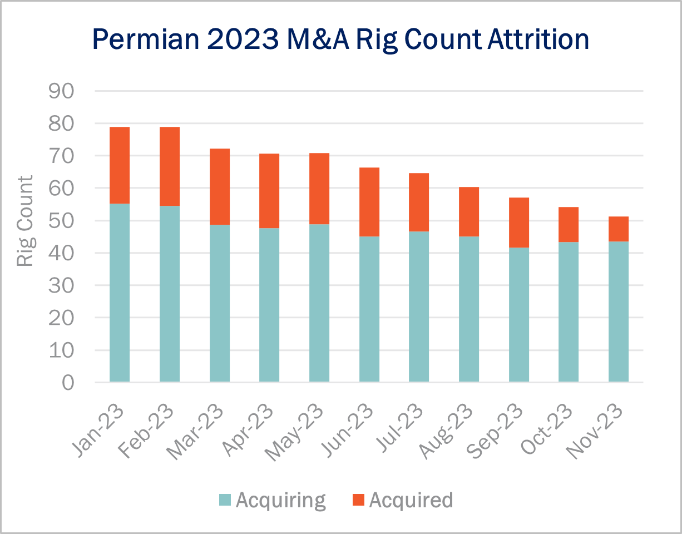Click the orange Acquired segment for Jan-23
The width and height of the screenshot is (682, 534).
120,165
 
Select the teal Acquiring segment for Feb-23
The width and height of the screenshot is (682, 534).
170,294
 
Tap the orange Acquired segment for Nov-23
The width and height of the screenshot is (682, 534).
619,229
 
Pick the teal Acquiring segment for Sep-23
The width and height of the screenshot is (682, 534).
518,314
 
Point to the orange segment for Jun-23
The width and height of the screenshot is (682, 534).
369,202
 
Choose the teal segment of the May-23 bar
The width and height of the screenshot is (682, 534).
319,303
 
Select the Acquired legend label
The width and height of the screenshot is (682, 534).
411,500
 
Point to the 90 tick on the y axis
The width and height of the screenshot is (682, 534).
65,91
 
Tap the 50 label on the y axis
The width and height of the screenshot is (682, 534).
65,221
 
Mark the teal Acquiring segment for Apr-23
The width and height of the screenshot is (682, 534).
269,305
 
